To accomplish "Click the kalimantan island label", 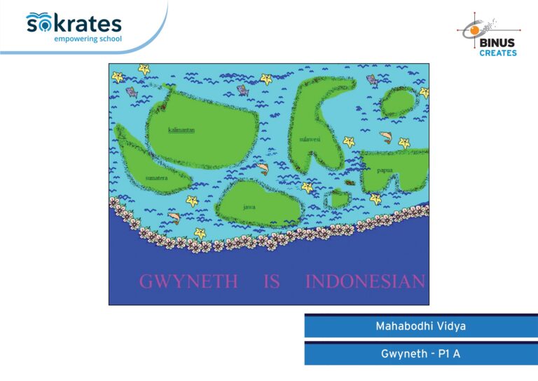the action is [x=181, y=130].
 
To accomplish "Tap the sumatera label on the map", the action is [x=156, y=178].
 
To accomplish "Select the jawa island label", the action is [x=249, y=207].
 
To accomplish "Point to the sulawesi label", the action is [x=310, y=139].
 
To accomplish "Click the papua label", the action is [x=385, y=171].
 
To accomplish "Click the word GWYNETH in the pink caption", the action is [x=188, y=281].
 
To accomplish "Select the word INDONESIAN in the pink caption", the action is [x=365, y=281].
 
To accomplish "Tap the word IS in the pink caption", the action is [x=272, y=281].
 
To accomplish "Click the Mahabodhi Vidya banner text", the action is [x=420, y=326].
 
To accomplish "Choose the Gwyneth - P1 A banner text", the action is [x=420, y=354].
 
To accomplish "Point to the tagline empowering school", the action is [x=88, y=39].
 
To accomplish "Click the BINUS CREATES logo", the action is [x=490, y=34].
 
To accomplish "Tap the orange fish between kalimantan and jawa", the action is [x=263, y=168].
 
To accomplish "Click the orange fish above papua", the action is [x=386, y=137].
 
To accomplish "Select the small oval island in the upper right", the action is [x=399, y=102].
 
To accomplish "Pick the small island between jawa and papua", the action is [x=338, y=199].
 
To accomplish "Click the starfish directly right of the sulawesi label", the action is [x=349, y=141].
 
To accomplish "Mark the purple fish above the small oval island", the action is [x=372, y=81].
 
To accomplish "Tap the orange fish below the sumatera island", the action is [x=174, y=218].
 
